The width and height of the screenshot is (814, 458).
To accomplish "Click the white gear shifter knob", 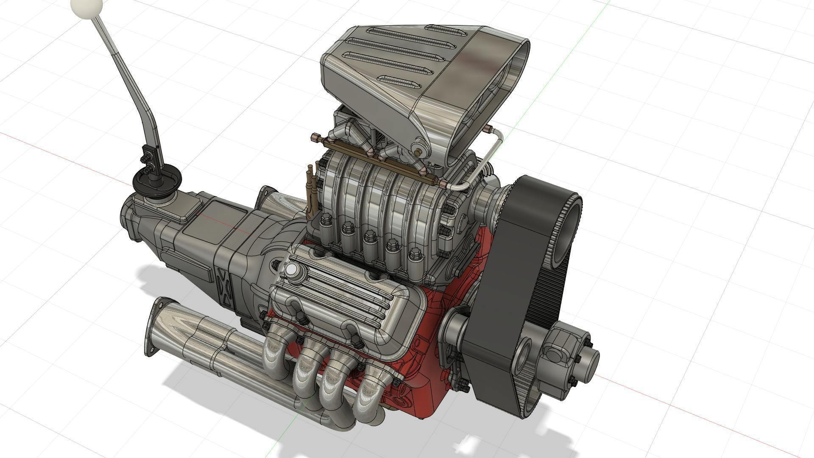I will (86, 7).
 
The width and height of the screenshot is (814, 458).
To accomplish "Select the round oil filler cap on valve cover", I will (292, 269).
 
